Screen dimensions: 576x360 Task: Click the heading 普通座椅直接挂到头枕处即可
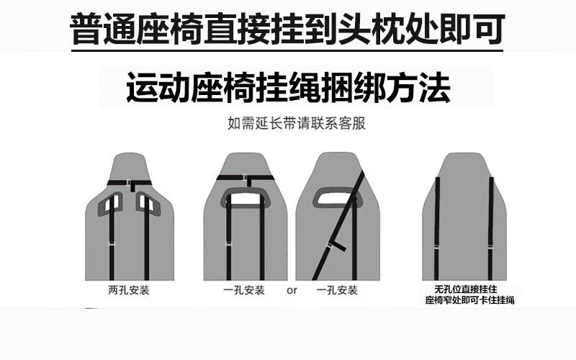point(287,29)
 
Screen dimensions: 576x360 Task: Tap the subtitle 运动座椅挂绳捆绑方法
point(289,87)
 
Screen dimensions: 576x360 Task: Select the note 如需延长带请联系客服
point(297,123)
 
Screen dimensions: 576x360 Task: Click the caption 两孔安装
point(129,290)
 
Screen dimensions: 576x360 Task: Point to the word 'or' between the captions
point(292,291)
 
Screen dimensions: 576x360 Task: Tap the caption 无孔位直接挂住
point(466,289)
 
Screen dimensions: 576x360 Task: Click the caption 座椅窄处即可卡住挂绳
point(470,300)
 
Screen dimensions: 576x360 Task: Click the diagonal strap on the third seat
point(338,225)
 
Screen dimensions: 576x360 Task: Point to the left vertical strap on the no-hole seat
point(437,228)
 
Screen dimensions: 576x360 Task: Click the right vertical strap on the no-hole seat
point(491,228)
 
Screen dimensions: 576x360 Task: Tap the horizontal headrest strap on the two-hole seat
point(130,183)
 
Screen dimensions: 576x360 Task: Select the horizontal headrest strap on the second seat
point(246,178)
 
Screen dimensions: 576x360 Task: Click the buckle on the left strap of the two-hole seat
point(112,244)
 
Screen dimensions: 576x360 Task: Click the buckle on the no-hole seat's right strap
point(491,246)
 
